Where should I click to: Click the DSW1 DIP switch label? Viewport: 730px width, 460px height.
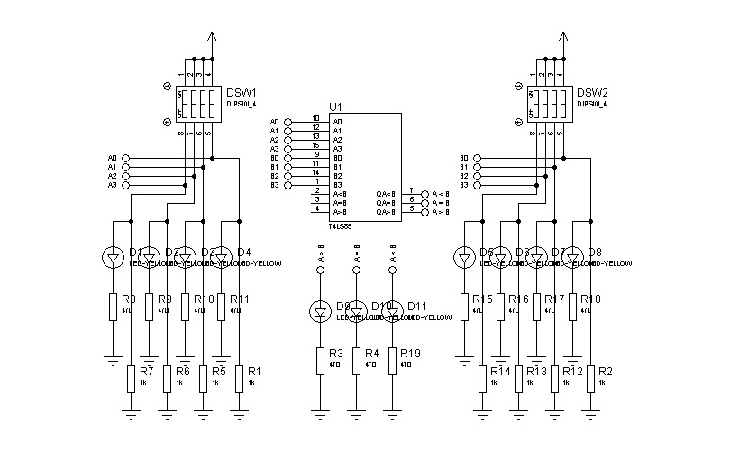pos(241,92)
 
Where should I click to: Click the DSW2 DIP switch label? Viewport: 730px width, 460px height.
pos(592,92)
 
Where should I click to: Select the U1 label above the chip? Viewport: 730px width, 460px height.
pos(335,106)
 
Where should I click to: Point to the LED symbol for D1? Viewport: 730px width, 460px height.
pos(113,259)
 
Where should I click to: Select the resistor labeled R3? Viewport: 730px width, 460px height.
pos(320,360)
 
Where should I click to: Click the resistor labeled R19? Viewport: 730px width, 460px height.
pos(392,360)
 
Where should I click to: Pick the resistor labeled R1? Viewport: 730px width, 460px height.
pos(239,378)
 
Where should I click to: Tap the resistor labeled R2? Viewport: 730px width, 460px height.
pos(590,378)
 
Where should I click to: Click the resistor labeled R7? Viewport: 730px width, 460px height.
pos(131,378)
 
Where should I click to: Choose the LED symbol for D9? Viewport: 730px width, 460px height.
pos(320,312)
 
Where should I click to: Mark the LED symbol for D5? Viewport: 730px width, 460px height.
pos(464,259)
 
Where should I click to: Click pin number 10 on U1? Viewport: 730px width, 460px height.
pos(315,119)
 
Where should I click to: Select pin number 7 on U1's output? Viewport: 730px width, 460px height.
pos(412,191)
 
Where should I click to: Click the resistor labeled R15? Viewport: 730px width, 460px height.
pos(464,305)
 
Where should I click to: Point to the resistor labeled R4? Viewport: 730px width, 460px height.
pos(356,360)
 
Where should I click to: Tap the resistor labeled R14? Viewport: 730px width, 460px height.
pos(482,378)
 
